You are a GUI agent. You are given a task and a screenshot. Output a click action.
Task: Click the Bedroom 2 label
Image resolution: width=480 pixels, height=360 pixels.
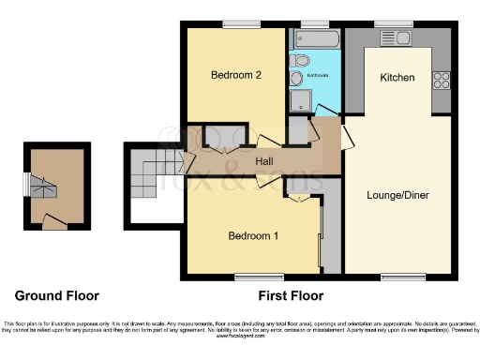coord(235,75)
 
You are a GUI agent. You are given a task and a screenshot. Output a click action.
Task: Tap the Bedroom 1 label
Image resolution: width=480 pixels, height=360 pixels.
coord(253,236)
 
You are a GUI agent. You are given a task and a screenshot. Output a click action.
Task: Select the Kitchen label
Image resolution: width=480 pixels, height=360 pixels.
coord(397,78)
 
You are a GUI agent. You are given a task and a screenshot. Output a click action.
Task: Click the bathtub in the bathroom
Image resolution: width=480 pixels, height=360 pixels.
coord(316,38)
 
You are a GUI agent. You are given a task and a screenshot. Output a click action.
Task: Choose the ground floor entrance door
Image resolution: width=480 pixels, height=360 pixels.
coord(55,223)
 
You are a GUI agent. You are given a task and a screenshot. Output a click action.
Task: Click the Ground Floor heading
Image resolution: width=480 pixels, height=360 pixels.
coord(55,296)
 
